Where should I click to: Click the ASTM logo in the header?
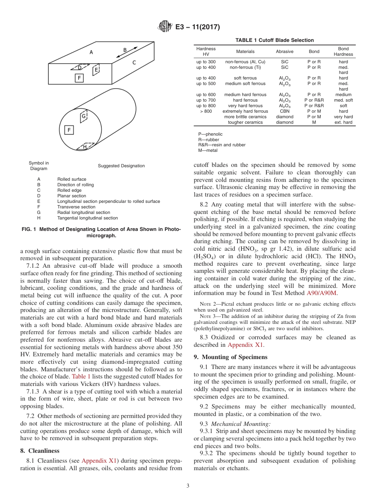click(165, 26)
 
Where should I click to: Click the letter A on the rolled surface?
click(91, 52)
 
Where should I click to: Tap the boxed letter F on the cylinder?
click(69, 130)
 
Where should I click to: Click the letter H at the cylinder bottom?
click(85, 147)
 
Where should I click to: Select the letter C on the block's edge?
click(134, 62)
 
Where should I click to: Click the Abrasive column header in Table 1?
click(285, 51)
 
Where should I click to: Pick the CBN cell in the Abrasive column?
click(285, 111)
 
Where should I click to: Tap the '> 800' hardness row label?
click(206, 111)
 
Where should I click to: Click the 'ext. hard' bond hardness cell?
click(343, 122)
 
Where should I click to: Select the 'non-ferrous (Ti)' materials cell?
click(245, 67)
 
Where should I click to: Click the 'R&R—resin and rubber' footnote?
click(222, 145)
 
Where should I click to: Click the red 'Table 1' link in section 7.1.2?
click(81, 376)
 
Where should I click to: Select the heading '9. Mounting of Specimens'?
click(230, 357)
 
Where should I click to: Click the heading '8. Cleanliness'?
click(40, 450)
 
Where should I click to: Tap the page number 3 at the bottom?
click(188, 486)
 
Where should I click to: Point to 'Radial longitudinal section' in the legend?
click(84, 212)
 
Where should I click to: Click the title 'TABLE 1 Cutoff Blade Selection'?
click(274, 40)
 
